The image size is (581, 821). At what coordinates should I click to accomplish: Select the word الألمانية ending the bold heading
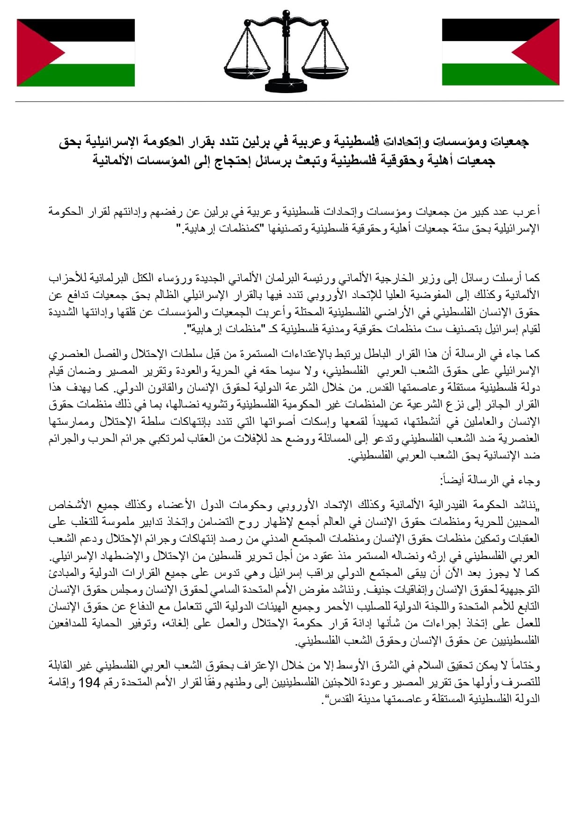(x=115, y=160)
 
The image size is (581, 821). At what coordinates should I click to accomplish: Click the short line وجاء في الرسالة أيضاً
(x=490, y=480)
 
